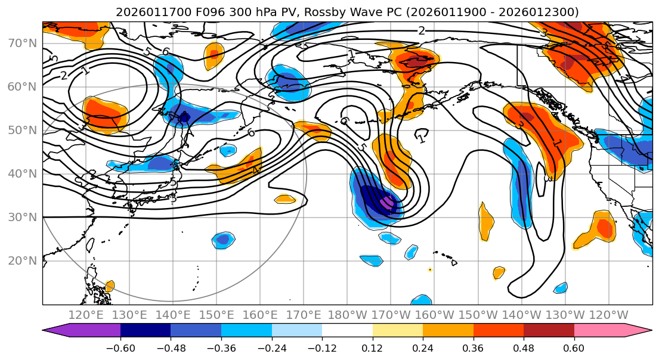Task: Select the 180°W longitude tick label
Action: click(347, 315)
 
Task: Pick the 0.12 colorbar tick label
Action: click(372, 346)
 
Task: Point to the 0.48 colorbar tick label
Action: click(523, 346)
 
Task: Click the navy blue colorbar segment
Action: click(145, 330)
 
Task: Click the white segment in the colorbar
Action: click(347, 330)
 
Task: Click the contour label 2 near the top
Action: click(422, 31)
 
